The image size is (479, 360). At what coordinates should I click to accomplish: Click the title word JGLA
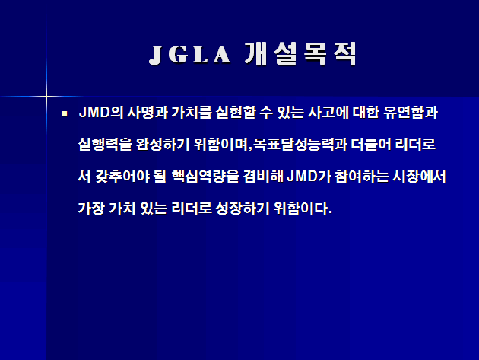190,55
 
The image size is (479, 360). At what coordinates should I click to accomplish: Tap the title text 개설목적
300,54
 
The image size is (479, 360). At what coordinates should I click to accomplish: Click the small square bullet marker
64,114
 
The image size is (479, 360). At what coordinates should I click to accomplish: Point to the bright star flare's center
46,97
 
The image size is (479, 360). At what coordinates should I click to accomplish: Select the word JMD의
101,112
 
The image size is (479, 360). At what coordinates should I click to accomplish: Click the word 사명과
148,112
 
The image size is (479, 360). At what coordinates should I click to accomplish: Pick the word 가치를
192,112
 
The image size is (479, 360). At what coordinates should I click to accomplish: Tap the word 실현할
236,112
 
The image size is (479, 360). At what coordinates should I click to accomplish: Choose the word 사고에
328,112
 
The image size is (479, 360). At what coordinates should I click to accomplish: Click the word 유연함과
411,112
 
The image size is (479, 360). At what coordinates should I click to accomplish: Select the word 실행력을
105,144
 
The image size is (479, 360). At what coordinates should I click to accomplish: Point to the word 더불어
370,144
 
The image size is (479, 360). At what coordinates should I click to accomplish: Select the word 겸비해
263,176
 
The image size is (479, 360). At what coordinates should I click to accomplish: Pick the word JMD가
309,176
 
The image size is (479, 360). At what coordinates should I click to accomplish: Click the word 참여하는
362,176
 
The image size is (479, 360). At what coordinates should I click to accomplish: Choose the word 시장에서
419,176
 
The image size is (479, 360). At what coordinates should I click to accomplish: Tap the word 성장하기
243,208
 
